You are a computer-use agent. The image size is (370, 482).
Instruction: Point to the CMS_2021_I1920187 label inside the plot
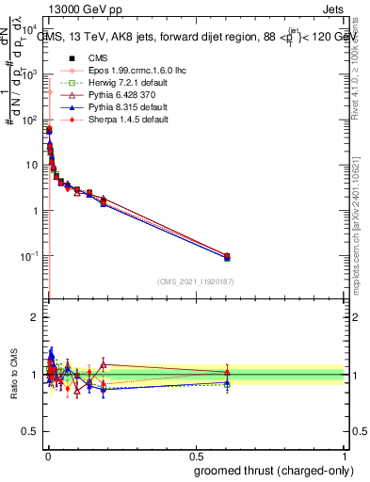(196, 281)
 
